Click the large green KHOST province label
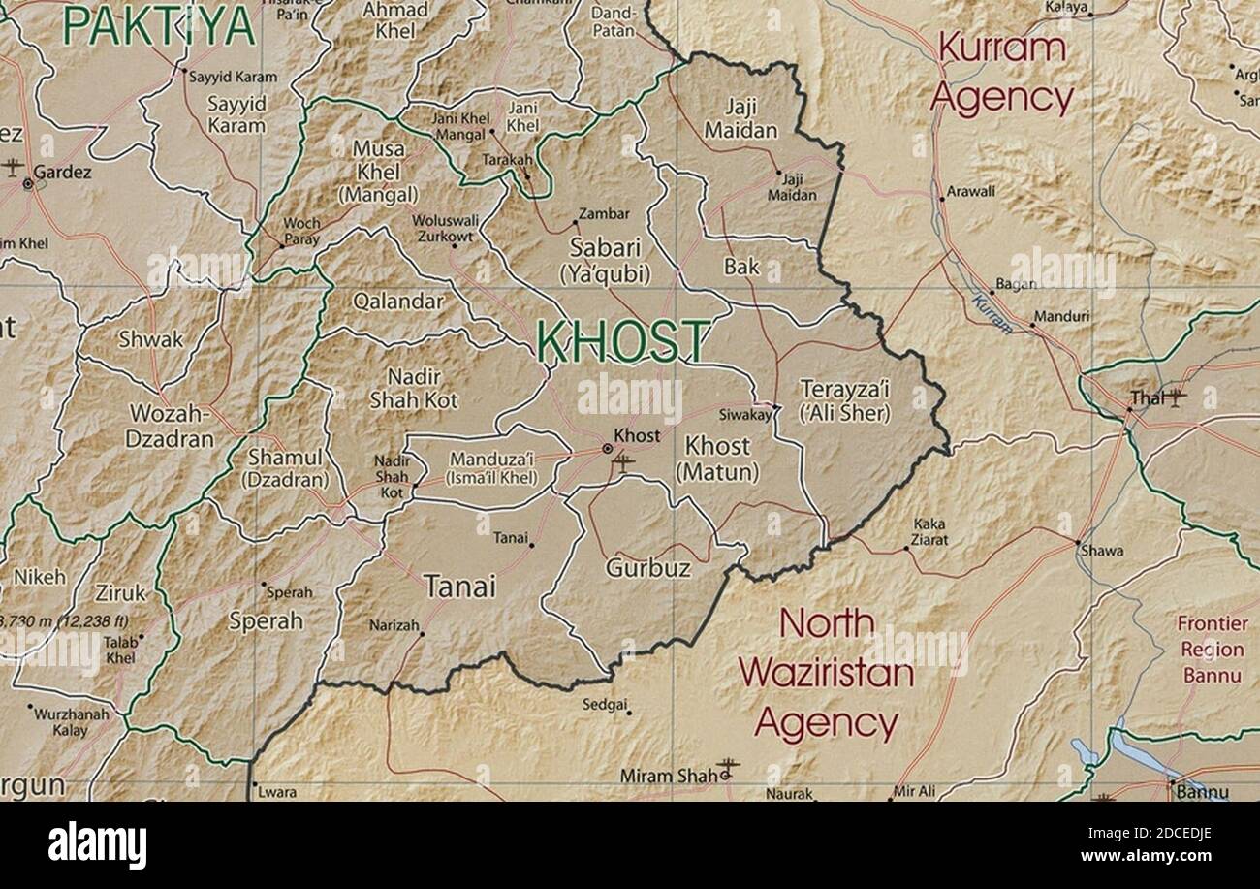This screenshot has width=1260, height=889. pos(623,341)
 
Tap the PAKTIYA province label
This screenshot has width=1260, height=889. pos(158,26)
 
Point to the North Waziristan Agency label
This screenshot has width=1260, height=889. pos(827,673)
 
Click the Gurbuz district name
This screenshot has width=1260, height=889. pos(648,568)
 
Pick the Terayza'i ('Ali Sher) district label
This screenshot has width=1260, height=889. pos(844,400)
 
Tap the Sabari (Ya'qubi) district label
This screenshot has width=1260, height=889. pos(605,260)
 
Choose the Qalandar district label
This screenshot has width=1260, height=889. pos(398,302)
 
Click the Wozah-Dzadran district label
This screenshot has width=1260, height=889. pos(170,427)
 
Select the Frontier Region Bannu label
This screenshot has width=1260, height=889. pos(1212,650)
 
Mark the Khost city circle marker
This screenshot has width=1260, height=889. pos(607,449)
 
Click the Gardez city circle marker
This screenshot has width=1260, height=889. pos(28,182)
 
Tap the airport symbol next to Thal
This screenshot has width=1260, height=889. pos(1176,397)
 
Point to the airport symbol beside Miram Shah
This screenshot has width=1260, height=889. pos(728,769)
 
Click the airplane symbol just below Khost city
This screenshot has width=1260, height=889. pos(623,463)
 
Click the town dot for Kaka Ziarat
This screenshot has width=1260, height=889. pos(906,549)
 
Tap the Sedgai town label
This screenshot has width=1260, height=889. pos(604,705)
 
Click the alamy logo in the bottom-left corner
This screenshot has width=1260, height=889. pos(97,844)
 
